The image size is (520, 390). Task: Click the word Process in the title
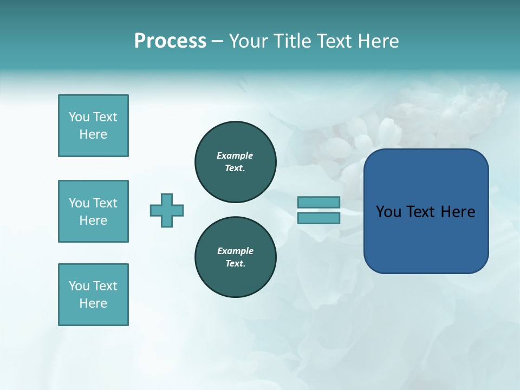[x=170, y=41]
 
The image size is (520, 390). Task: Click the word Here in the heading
[x=376, y=41]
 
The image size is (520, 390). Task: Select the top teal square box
[x=93, y=126]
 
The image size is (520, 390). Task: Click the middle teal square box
[x=93, y=211]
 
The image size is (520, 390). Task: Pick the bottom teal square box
[x=93, y=295]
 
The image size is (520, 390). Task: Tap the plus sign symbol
[x=167, y=210]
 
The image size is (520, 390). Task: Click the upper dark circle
[x=236, y=161]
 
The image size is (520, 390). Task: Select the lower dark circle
[x=236, y=257]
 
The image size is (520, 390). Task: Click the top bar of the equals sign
[x=318, y=202]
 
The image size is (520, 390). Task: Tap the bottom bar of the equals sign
[x=318, y=218]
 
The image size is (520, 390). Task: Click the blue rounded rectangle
[x=426, y=211]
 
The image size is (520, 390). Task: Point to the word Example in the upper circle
[x=235, y=155]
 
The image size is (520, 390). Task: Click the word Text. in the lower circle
[x=235, y=263]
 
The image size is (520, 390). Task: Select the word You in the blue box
[x=388, y=212]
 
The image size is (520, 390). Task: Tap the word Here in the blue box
[x=458, y=212]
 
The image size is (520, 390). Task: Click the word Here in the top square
[x=93, y=134]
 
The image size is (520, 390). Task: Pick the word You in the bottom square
[x=79, y=286]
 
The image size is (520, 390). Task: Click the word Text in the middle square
[x=105, y=203]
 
